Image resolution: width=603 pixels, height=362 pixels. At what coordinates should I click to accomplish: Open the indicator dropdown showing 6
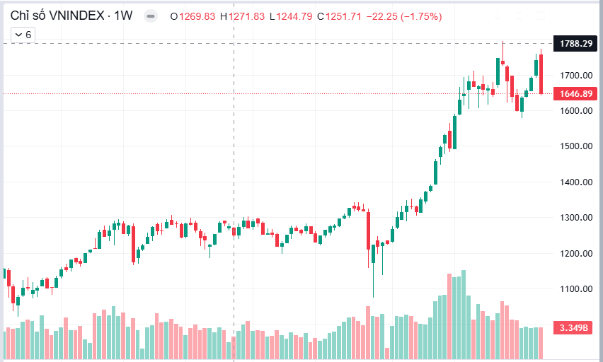pos(23,34)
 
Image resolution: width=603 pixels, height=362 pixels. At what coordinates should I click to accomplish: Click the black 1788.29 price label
pos(575,44)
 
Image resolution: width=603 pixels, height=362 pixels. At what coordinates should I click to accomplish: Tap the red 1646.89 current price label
pos(575,93)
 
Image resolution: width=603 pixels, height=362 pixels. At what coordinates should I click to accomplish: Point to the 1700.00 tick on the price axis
pos(575,76)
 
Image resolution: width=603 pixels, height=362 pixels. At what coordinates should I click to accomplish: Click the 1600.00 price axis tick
pos(575,111)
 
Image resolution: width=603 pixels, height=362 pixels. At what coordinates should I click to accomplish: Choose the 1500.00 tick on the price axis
pos(575,146)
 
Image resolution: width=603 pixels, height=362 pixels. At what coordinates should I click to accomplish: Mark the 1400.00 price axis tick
pos(575,182)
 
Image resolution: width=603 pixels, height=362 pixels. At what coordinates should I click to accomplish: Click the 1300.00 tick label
pos(575,218)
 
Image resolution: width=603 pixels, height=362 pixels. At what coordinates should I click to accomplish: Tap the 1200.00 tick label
pos(575,254)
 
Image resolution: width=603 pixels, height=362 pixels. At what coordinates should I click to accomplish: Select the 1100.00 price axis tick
pos(575,289)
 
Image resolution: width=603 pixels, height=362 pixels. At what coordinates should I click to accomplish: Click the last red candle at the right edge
pos(541,74)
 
